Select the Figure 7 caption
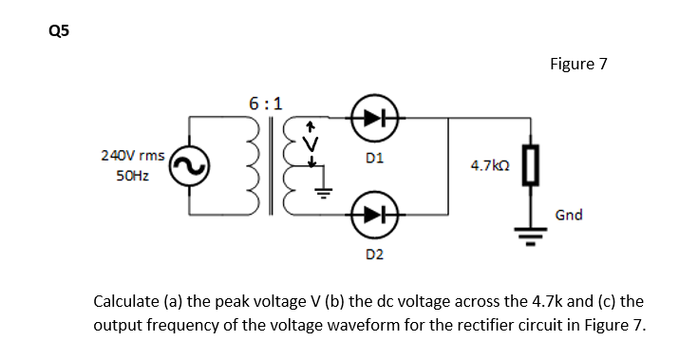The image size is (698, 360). coord(577,65)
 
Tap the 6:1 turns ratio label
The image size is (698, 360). coord(265,103)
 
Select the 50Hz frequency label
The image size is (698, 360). coord(132,178)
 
